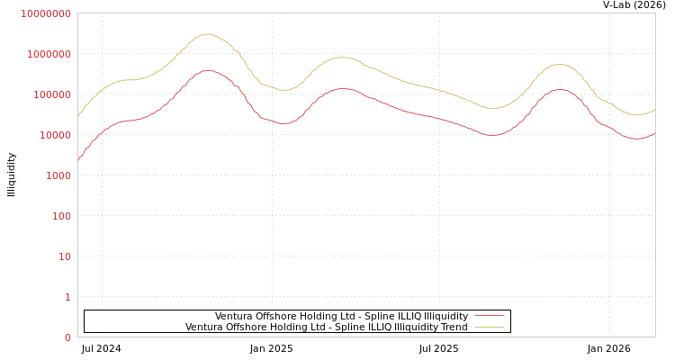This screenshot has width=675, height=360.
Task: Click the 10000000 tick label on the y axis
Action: click(x=45, y=13)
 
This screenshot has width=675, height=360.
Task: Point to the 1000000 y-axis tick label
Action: click(x=49, y=54)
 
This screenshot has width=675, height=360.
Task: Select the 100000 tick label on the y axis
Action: click(x=51, y=94)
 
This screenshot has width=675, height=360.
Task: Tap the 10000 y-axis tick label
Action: click(x=54, y=135)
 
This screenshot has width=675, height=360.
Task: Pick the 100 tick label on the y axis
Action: click(x=60, y=216)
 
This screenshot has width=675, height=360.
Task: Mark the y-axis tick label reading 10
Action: click(x=64, y=256)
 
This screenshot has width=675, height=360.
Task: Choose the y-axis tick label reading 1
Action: click(x=67, y=297)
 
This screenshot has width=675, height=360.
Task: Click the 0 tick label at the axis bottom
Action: click(x=67, y=337)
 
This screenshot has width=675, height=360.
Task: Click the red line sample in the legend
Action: click(x=489, y=316)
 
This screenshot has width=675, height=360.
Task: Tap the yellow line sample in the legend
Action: click(x=489, y=327)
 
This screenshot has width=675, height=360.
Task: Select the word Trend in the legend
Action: click(x=453, y=327)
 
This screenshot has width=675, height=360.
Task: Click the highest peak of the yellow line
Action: click(x=207, y=34)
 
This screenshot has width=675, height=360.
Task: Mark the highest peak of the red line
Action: click(x=208, y=70)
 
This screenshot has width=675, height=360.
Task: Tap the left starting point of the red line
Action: click(x=78, y=159)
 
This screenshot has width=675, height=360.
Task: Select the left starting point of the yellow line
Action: click(x=78, y=115)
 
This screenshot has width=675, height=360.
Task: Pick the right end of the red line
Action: click(x=654, y=133)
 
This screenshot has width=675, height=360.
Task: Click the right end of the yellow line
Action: click(x=654, y=109)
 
